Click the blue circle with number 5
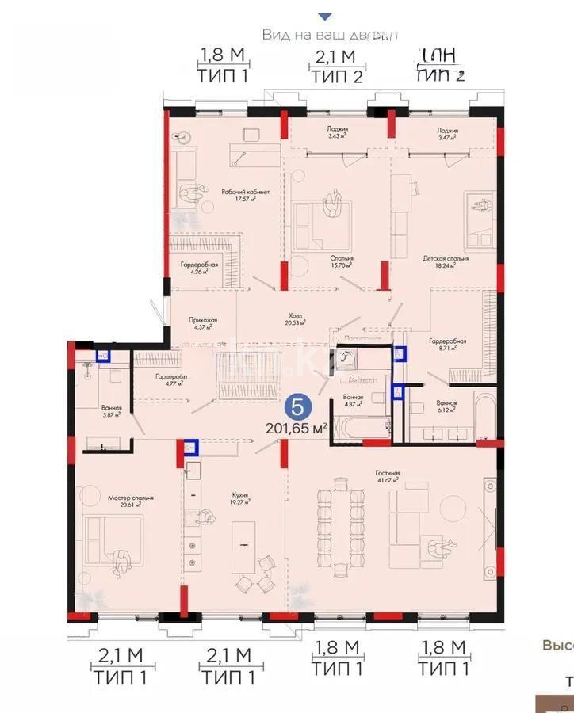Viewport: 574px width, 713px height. click(x=297, y=407)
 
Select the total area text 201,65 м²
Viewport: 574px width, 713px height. click(x=297, y=429)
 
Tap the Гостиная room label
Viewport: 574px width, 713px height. click(x=388, y=474)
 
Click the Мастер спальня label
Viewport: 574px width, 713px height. click(x=130, y=498)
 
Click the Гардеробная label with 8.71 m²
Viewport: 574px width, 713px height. click(x=447, y=341)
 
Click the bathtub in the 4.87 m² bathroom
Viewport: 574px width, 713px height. click(x=362, y=428)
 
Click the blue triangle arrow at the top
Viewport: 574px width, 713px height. click(x=323, y=16)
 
